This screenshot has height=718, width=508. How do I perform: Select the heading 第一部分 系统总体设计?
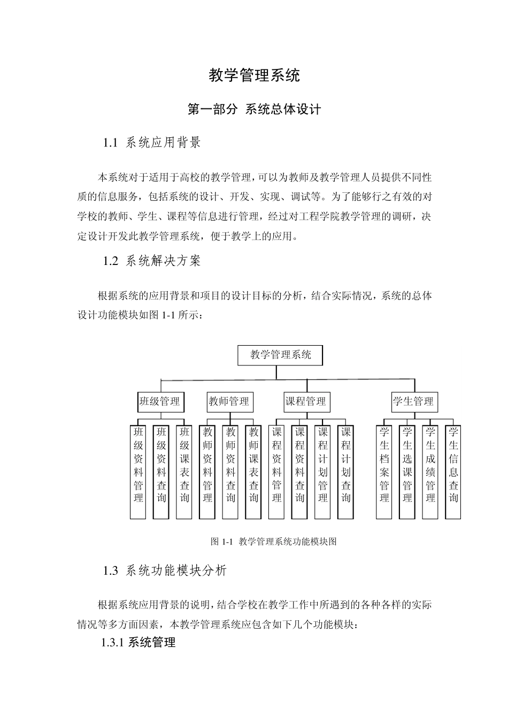coord(254,110)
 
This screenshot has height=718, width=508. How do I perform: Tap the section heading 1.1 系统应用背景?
coord(152,143)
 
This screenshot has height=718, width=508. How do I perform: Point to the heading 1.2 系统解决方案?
coord(152,261)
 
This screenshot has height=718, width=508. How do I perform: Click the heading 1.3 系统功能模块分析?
coord(165,571)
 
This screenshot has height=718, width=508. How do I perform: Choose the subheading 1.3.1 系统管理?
coord(138,643)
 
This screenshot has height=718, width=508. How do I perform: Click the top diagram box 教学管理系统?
coord(280,355)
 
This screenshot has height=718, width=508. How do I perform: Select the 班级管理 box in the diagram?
coord(160,402)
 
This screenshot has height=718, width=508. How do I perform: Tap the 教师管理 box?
coord(229,402)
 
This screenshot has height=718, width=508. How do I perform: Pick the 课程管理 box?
coord(306,402)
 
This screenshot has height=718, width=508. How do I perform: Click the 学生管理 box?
coord(414,402)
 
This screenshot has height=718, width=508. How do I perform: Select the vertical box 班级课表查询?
coord(184,472)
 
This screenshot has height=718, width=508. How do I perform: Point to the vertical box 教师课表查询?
coord(253,472)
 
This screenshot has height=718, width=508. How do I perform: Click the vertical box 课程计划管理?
coord(323,472)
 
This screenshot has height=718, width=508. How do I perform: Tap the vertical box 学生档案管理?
coord(384,472)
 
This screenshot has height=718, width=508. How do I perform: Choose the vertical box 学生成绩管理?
coord(430,472)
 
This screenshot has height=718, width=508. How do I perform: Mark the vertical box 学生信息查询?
coord(453,472)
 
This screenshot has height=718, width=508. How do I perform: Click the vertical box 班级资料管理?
coord(138,472)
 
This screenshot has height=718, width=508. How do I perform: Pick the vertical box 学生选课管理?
coord(407,472)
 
